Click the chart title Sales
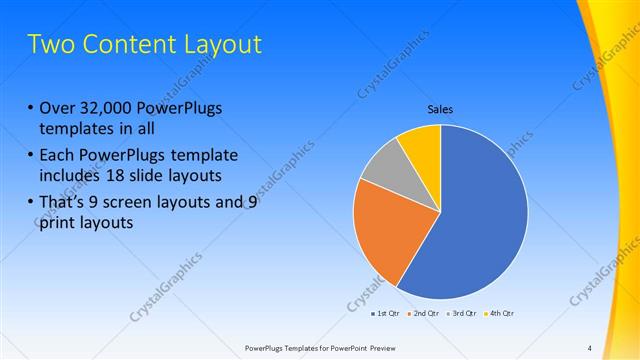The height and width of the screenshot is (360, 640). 440,109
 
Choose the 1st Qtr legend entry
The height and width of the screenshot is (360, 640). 385,313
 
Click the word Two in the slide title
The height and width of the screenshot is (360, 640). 51,45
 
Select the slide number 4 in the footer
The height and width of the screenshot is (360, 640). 589,347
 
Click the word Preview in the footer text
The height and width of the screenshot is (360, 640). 395,347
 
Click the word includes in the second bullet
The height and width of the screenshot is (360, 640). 70,175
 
